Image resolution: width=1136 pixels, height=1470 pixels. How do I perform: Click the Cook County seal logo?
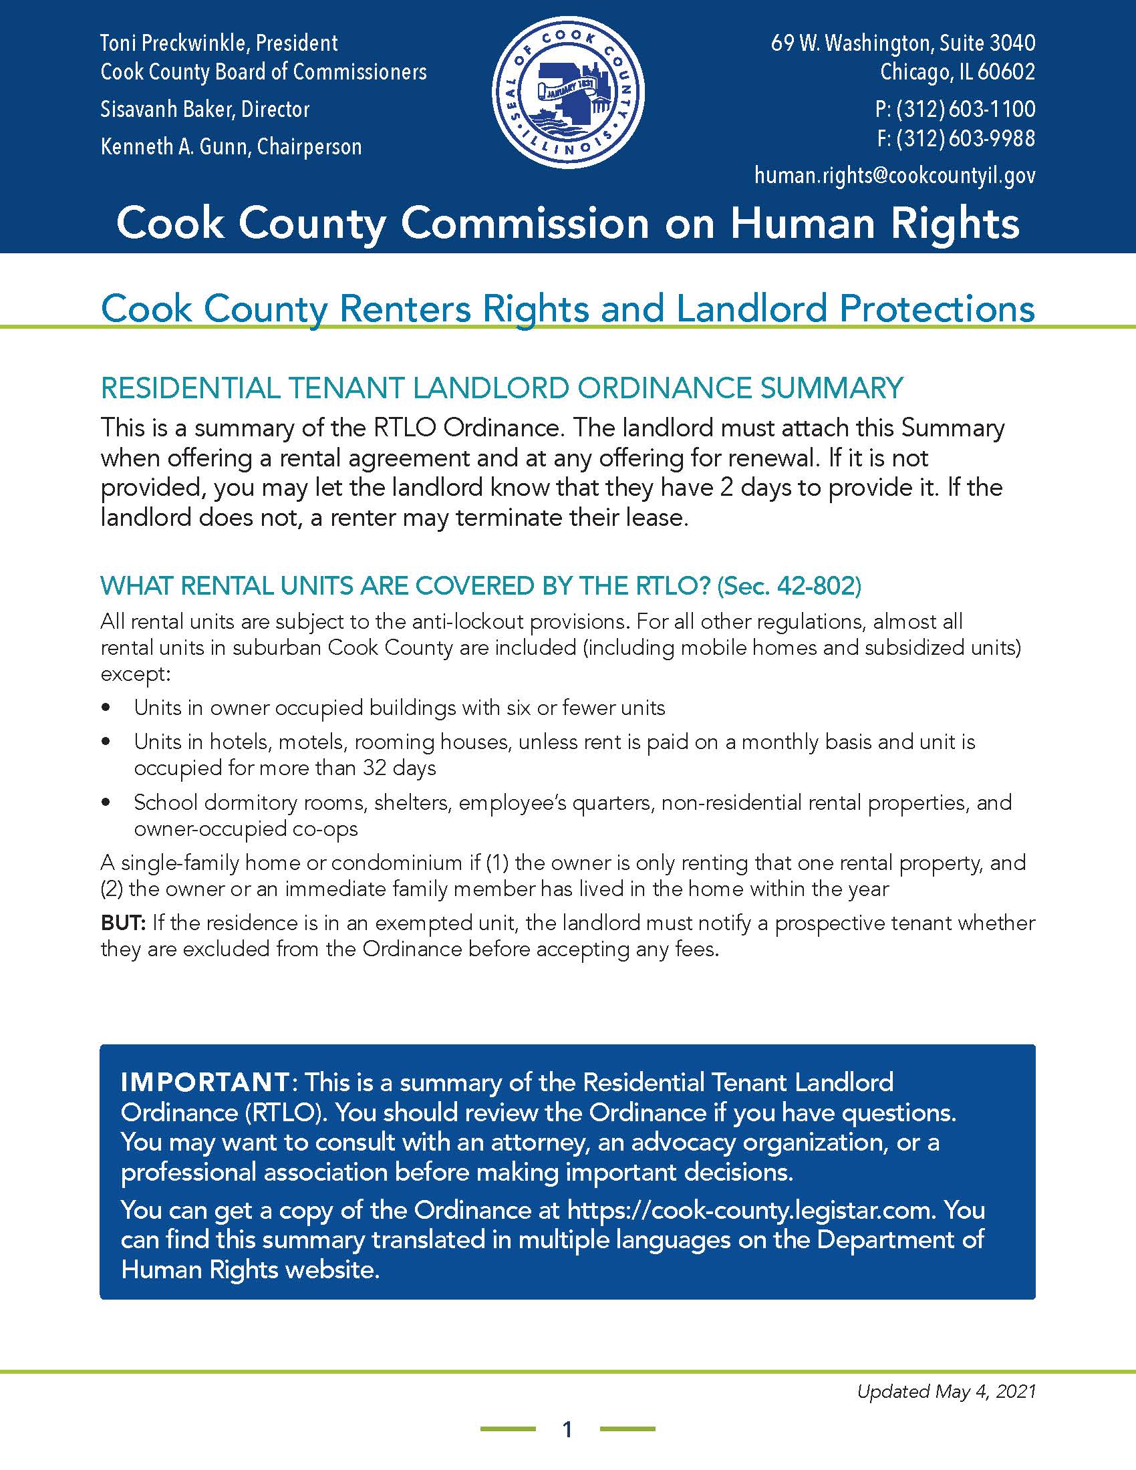pyautogui.click(x=568, y=93)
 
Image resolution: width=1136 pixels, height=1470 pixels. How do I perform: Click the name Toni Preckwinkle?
pyautogui.click(x=175, y=43)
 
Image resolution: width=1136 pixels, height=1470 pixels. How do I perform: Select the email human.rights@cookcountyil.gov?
pyautogui.click(x=894, y=176)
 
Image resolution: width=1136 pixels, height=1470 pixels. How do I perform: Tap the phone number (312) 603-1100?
pyautogui.click(x=965, y=109)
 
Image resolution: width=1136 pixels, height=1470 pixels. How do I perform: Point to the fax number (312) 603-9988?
pyautogui.click(x=965, y=139)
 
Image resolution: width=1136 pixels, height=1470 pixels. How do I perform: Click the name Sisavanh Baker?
pyautogui.click(x=165, y=109)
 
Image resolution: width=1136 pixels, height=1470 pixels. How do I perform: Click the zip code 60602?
pyautogui.click(x=1006, y=71)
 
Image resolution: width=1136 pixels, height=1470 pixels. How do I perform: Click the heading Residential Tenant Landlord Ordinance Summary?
pyautogui.click(x=501, y=388)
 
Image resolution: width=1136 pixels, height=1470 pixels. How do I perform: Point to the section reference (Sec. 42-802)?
pyautogui.click(x=789, y=586)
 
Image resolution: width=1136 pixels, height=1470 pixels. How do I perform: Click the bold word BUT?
pyautogui.click(x=122, y=923)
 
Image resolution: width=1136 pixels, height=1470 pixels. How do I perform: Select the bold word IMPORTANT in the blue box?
pyautogui.click(x=205, y=1082)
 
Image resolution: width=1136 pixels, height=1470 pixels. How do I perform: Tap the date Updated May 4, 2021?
pyautogui.click(x=946, y=1391)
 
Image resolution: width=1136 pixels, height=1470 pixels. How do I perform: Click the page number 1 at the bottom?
pyautogui.click(x=567, y=1429)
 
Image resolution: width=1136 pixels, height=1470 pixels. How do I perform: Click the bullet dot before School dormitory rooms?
pyautogui.click(x=105, y=802)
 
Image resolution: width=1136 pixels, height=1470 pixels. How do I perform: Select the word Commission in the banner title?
pyautogui.click(x=525, y=223)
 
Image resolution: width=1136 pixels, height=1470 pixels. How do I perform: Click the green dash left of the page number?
pyautogui.click(x=507, y=1429)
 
